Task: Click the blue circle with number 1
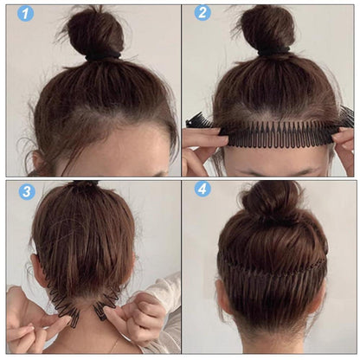click(25, 13)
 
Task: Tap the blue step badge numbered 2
click(202, 13)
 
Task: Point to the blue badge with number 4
click(202, 190)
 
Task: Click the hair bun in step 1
click(95, 32)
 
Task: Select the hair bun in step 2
click(267, 29)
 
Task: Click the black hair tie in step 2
click(273, 51)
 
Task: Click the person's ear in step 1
click(38, 162)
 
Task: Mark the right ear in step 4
click(320, 297)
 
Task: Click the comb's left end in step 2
click(199, 121)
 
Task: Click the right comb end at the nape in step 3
click(101, 312)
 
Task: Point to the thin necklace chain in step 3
click(114, 344)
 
